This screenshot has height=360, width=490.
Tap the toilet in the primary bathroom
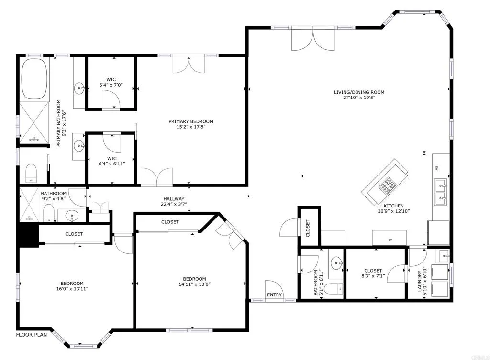tap(32, 173)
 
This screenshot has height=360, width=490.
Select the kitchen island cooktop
tap(388, 184)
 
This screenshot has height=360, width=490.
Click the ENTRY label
tap(274, 295)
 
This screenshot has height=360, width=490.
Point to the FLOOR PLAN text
tap(32, 335)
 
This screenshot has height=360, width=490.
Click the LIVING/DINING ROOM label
tap(359, 92)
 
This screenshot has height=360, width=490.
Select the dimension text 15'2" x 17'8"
tap(190, 127)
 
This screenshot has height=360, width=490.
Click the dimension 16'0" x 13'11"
tap(72, 289)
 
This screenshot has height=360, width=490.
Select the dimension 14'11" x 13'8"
tap(194, 284)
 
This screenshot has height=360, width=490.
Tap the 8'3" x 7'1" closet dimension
tap(373, 276)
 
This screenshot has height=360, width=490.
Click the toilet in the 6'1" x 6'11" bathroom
tap(338, 287)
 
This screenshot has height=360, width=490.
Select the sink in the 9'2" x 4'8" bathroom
tap(72, 215)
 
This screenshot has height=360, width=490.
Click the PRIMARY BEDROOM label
tap(190, 121)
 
